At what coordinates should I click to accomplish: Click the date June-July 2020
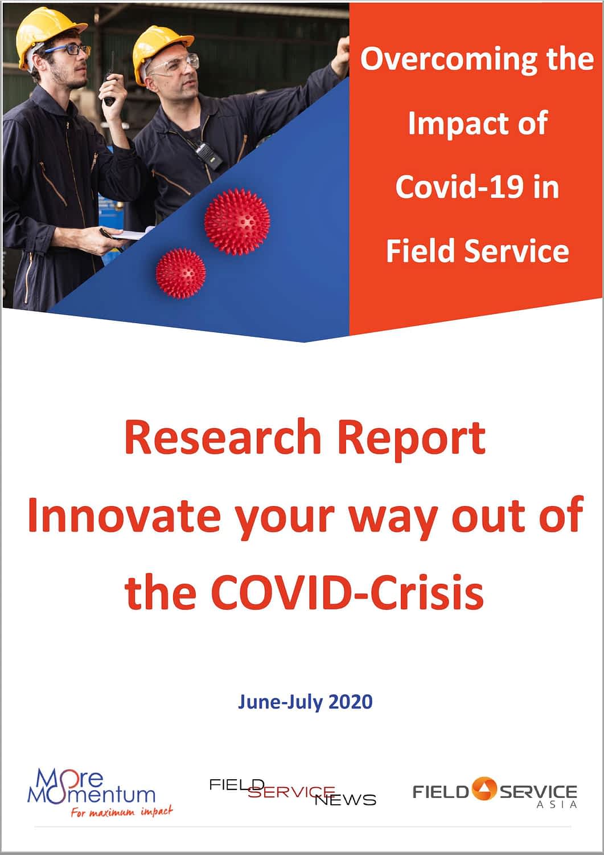point(305,702)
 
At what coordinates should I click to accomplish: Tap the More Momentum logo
point(100,793)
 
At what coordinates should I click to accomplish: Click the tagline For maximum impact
point(122,811)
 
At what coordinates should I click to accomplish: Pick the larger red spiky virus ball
point(237,221)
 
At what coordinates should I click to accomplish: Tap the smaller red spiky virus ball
point(180,273)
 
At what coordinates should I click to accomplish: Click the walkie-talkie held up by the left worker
point(110,83)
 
